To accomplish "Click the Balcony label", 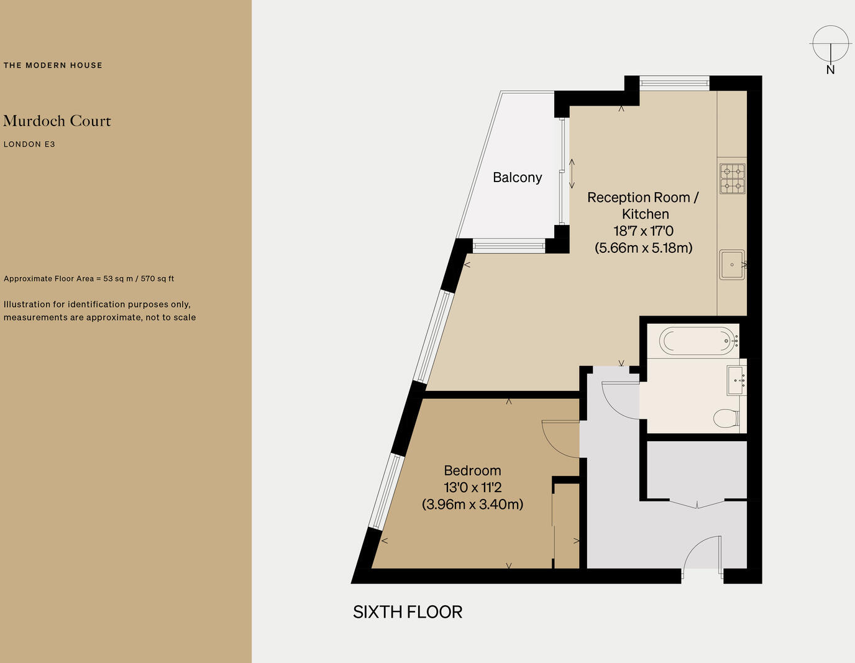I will tap(517, 178).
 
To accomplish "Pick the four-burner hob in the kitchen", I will tap(732, 178).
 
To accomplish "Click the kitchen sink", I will tap(732, 265).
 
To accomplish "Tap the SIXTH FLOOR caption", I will tap(408, 612).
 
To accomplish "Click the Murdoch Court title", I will tap(57, 121).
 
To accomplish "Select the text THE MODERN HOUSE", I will tap(53, 65).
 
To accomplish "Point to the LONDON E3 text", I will tap(29, 144).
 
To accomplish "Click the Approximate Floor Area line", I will tap(89, 278).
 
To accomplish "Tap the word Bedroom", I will tap(472, 471).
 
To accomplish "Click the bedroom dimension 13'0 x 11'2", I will tap(472, 488).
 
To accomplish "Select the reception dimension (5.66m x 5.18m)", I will tap(643, 248).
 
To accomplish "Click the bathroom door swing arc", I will tap(618, 401).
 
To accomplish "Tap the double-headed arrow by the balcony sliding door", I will tap(572, 174).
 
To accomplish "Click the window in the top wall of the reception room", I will tap(674, 83).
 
